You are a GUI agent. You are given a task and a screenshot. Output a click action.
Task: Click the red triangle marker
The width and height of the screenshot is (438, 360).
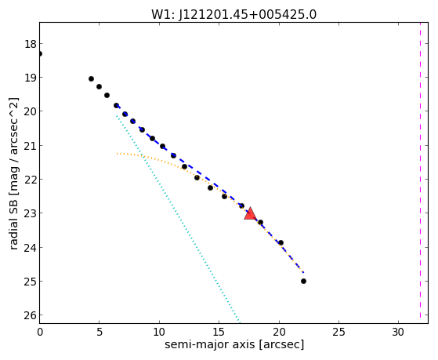pos(250,213)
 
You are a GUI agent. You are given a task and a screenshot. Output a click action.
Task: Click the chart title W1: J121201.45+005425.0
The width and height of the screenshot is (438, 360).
pos(233,15)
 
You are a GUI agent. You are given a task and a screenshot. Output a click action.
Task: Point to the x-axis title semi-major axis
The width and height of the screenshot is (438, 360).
pos(209,344)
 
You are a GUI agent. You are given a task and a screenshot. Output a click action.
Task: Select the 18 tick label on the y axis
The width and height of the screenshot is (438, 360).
pos(30,44)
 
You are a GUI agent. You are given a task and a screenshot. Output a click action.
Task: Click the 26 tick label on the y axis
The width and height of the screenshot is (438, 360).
pos(30,315)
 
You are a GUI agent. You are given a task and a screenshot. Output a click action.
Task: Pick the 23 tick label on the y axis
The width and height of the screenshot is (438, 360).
pos(30,213)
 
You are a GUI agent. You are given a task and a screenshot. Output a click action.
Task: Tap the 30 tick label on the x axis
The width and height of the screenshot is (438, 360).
pos(398,332)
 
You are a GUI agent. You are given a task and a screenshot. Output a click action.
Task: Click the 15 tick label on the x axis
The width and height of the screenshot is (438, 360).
pos(219,332)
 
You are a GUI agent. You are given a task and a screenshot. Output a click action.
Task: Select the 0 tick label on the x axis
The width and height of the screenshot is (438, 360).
pos(40,332)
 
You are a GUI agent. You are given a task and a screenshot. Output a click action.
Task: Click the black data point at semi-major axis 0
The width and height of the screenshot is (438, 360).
pos(40,53)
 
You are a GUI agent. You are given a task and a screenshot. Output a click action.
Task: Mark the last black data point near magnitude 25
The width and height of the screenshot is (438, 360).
pos(304,281)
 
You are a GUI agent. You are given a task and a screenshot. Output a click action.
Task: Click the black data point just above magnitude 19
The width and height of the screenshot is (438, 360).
pos(91,79)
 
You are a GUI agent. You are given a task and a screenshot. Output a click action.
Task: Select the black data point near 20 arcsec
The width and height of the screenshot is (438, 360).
pos(281,242)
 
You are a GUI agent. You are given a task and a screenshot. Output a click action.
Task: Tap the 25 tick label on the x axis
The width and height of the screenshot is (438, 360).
pos(338,332)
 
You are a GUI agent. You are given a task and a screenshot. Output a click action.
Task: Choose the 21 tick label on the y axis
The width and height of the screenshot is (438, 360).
pos(30,146)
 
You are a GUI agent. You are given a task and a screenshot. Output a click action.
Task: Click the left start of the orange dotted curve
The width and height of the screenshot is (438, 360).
pos(118,153)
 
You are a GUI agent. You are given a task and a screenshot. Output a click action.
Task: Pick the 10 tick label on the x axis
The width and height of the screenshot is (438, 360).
pos(159,332)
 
